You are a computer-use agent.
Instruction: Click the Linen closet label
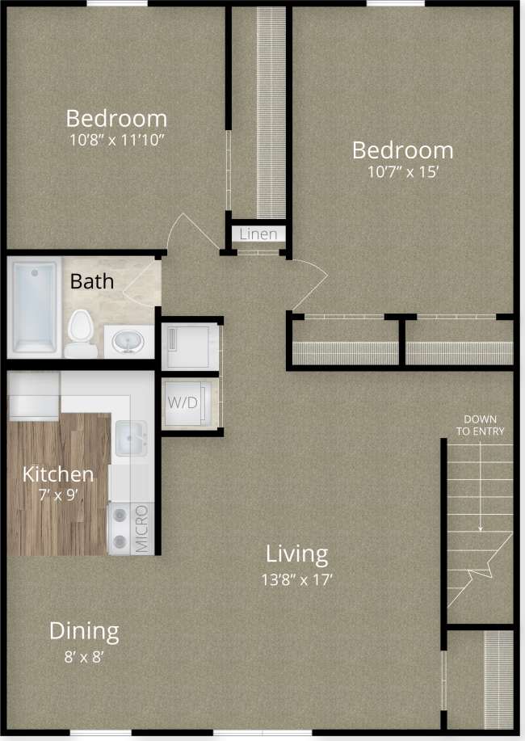258,234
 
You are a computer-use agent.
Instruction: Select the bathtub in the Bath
34,307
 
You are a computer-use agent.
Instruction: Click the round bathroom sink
128,341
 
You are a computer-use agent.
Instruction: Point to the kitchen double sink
130,439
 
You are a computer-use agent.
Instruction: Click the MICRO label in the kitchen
141,529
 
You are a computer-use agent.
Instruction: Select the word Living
297,554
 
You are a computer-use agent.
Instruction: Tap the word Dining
84,630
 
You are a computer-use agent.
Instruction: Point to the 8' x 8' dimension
84,656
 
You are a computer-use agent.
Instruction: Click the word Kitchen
57,474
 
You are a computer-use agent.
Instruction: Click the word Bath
91,282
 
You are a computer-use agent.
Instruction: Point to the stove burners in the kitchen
120,529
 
